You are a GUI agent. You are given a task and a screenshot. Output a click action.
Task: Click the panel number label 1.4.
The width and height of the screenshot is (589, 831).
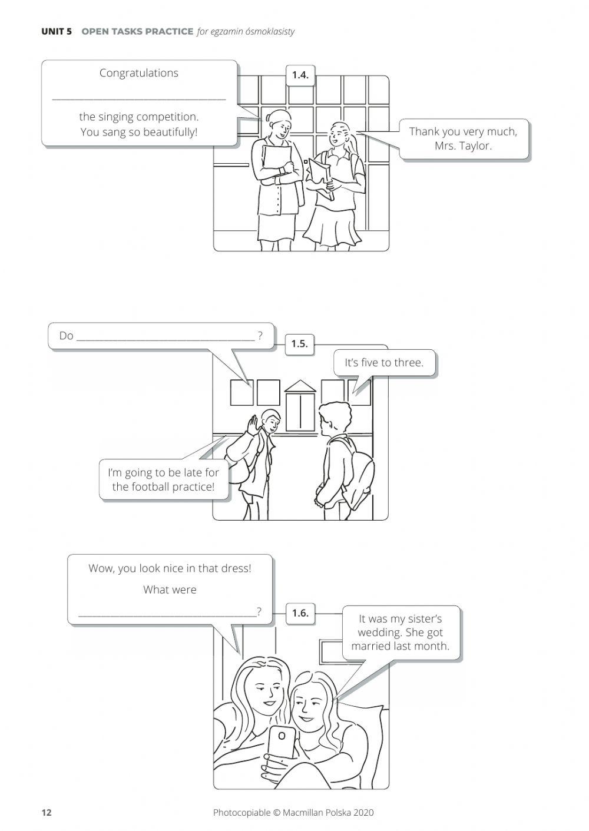(300, 75)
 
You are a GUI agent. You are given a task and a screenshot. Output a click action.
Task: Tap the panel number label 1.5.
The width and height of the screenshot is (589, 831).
(299, 343)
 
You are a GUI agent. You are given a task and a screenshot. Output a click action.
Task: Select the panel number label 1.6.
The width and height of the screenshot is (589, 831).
(300, 613)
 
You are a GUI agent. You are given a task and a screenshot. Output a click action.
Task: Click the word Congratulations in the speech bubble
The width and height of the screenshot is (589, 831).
(138, 73)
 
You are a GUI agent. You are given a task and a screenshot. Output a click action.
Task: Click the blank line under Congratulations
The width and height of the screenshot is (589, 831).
(138, 98)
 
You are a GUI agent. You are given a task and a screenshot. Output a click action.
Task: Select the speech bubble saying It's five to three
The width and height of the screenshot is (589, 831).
(384, 363)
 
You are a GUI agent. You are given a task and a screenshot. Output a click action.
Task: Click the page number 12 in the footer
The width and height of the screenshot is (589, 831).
(47, 813)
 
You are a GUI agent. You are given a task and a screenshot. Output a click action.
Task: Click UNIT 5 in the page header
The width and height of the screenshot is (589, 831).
(57, 31)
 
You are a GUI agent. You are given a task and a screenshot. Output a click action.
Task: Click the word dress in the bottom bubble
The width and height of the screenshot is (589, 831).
(236, 568)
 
